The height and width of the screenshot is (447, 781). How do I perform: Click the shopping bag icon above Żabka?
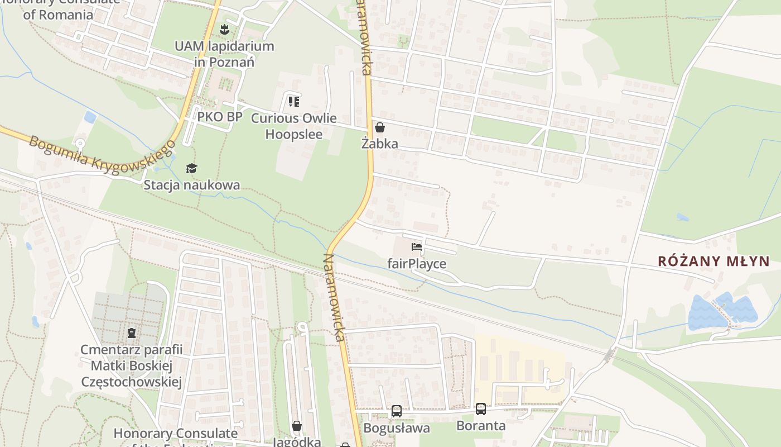pos(380,127)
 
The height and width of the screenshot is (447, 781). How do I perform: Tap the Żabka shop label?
pos(380,144)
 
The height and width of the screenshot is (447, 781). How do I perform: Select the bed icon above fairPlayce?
pos(417,247)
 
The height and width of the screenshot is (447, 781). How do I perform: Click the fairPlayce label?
pos(417,263)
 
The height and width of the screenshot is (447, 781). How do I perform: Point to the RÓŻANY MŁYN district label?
pos(713,261)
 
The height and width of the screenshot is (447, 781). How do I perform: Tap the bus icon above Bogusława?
pos(397,411)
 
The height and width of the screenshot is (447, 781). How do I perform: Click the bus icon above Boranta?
pos(481,409)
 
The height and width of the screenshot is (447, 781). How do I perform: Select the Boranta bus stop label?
pos(481,426)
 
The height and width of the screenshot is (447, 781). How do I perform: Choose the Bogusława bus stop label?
pos(397,428)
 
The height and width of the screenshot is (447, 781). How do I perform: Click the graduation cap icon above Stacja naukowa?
pos(192,168)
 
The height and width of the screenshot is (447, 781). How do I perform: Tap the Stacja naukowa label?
pos(192,185)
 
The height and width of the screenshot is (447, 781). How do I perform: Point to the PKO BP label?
pos(220,117)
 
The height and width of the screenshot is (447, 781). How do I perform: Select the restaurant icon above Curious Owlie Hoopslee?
pos(293,102)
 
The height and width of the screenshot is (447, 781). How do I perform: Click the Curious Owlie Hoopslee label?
pos(293,126)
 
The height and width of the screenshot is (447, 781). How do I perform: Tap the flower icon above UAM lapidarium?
pos(224,28)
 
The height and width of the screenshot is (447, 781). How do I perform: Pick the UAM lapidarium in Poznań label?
pos(224,54)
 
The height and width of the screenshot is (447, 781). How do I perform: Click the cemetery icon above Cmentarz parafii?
pos(132,334)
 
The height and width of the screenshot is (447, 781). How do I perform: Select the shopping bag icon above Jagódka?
pos(297,426)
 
